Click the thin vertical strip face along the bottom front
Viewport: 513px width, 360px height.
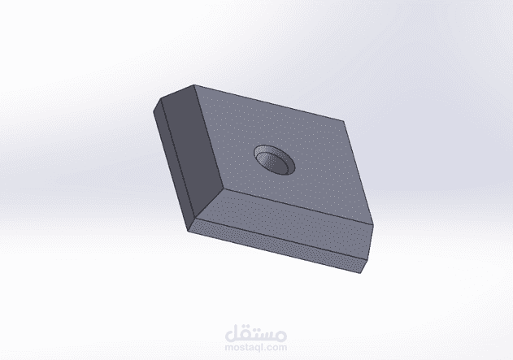pos(276,241)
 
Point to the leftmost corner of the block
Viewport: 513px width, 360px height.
pos(154,107)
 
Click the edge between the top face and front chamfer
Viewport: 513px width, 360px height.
pos(298,206)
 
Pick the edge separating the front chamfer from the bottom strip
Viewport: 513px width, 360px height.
pos(280,232)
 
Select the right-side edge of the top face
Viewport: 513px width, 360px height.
pos(359,172)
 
